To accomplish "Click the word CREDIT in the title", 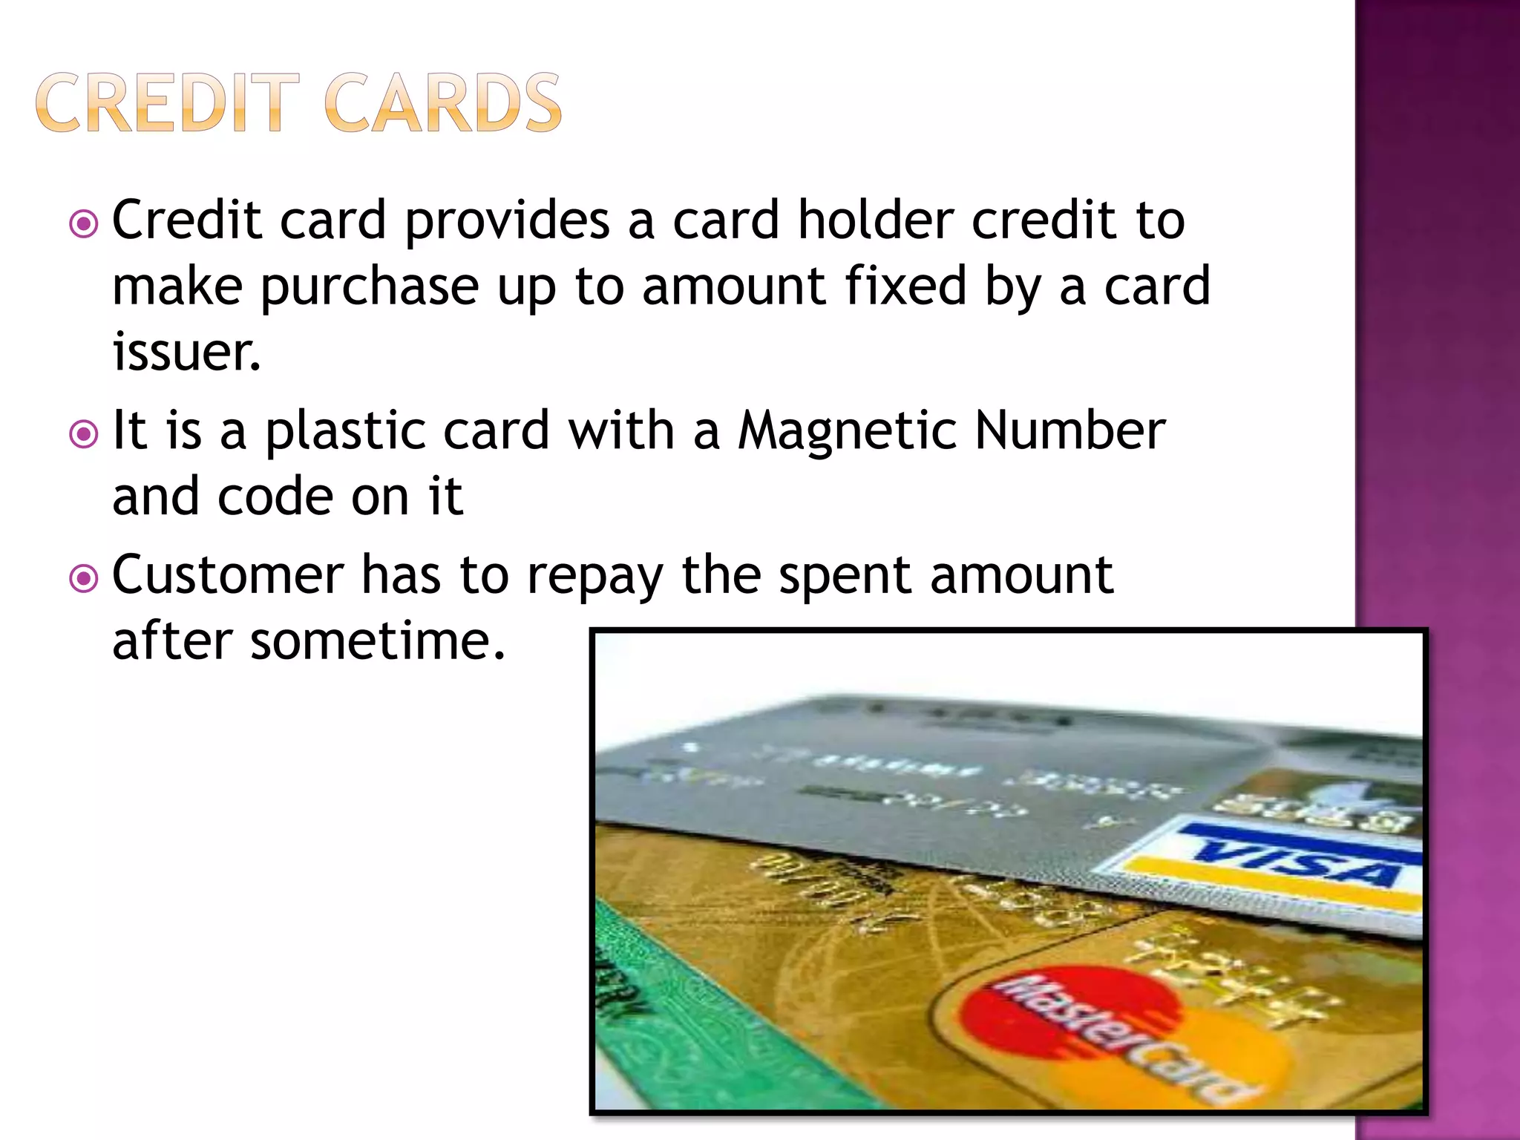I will pos(167,104).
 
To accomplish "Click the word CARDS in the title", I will pos(443,104).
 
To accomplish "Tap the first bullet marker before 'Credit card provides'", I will pos(83,223).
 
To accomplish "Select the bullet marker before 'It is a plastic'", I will pos(83,434).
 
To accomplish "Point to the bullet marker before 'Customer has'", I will pos(83,578).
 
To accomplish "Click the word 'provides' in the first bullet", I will pos(507,221).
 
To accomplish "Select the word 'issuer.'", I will pos(186,352).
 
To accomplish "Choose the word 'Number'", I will pos(1069,431).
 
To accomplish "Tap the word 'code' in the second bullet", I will pos(275,497).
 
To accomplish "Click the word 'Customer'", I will pos(228,576).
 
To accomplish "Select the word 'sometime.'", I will pos(378,641).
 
